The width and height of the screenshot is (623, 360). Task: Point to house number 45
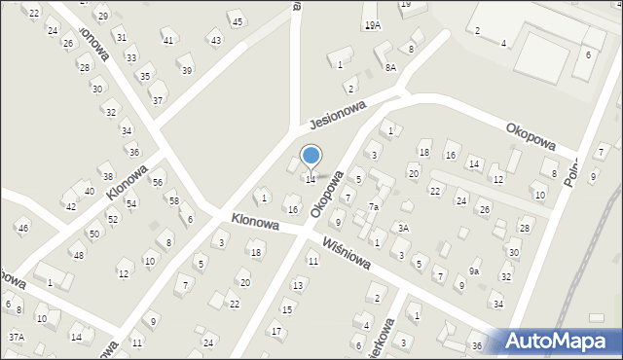coord(237,21)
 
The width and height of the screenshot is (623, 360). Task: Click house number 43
coord(215,40)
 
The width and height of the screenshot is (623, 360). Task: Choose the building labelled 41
coord(167,40)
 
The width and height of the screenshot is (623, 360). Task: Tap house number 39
coord(187,70)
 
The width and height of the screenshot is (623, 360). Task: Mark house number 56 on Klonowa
coord(157,183)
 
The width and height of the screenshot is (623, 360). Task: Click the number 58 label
coord(173,200)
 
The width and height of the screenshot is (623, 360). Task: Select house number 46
coord(22,228)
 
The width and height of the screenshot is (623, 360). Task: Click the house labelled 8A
coord(390,67)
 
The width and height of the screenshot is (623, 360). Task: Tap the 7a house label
coord(373,207)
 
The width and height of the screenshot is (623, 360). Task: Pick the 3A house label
coord(402,228)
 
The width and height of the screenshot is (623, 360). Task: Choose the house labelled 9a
coord(473,271)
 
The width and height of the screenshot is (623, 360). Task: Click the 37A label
coord(16,337)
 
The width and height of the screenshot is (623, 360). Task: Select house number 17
coord(276,331)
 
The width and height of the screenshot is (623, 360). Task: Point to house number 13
coord(298,285)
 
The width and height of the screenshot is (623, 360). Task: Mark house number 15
coord(286,309)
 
